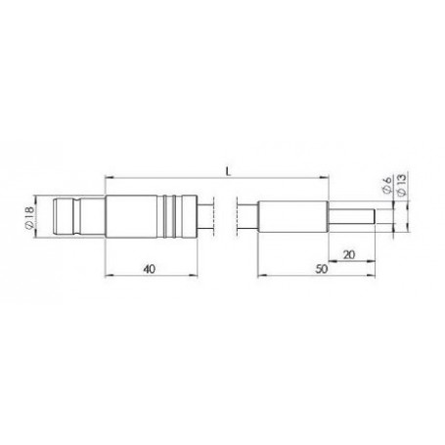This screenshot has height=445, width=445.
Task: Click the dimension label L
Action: pos(228,171)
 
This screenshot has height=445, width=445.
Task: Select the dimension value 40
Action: pos(150,269)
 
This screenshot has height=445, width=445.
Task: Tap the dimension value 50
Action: pos(322,269)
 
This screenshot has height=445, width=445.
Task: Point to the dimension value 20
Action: pos(349,254)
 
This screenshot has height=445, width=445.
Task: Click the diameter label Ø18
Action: pos(29,217)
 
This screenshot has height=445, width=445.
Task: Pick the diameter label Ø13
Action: pos(402,185)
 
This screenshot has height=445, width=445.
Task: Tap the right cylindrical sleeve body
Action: pos(292,217)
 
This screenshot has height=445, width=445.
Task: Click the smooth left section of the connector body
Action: pos(131,216)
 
